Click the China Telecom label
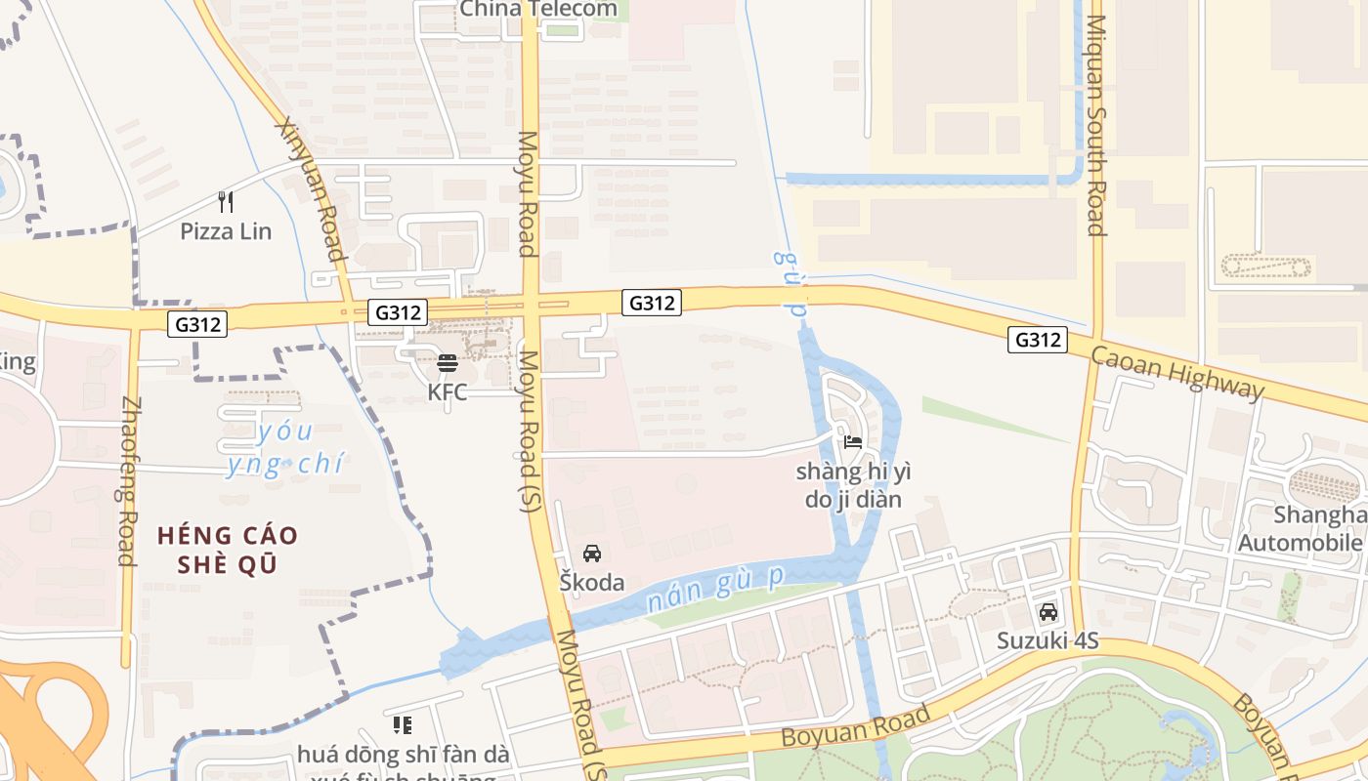point(538,10)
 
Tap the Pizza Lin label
point(226,231)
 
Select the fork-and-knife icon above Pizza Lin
point(226,202)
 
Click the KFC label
point(448,391)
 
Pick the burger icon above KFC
point(448,363)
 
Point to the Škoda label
point(591,583)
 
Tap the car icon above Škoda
point(591,554)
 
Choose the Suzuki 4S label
point(1047,641)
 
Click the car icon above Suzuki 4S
point(1048,612)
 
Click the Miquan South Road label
point(1095,125)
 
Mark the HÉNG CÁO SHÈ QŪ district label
point(228,550)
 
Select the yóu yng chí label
point(284,447)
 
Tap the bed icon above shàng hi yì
point(853,441)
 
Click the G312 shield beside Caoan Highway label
point(1038,340)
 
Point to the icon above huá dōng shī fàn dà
point(402,724)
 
